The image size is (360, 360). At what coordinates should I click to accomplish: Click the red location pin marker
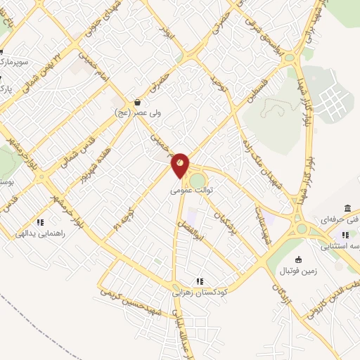tap(180, 165)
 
